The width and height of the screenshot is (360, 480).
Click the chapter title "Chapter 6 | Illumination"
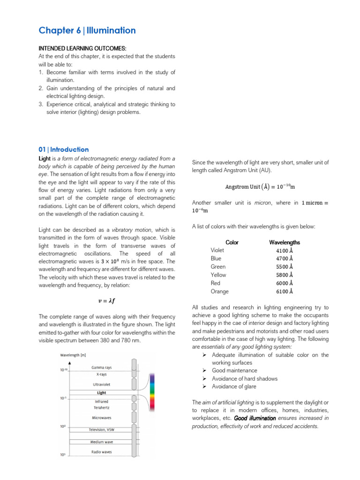87,31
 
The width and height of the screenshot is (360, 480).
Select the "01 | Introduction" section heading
63,150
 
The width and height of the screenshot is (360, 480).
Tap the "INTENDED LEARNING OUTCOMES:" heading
82,48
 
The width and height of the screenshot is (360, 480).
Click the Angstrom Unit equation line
260,187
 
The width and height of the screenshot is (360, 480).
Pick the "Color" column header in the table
232,242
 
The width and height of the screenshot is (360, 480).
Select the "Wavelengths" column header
285,242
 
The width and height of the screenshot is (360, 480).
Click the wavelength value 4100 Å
285,251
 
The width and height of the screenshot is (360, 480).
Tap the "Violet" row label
217,250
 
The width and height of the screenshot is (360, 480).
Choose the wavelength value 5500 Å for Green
285,267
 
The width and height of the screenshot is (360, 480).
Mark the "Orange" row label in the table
220,291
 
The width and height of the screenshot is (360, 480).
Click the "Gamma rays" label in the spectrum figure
102,367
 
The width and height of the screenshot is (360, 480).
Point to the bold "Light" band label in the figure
102,393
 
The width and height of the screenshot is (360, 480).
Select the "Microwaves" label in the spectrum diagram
102,418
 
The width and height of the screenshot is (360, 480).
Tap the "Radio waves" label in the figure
102,452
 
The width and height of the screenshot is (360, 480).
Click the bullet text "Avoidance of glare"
234,387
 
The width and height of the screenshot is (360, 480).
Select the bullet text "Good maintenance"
234,371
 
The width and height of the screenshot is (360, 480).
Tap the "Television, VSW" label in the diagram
102,430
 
